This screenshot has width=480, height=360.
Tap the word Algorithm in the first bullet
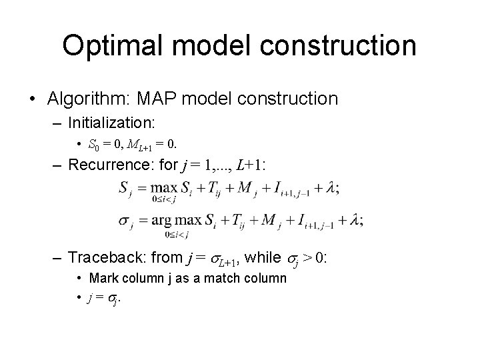click(x=87, y=99)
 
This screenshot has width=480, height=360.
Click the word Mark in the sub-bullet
click(x=103, y=277)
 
